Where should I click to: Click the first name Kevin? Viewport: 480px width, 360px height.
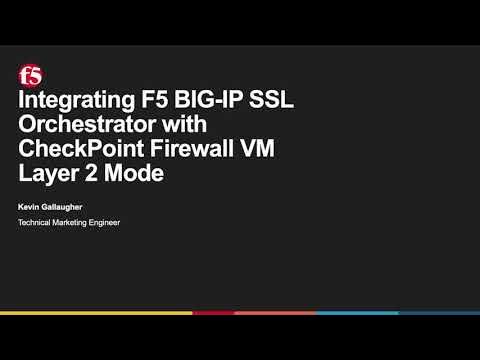pyautogui.click(x=30, y=206)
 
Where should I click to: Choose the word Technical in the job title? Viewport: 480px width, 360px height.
pyautogui.click(x=37, y=222)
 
